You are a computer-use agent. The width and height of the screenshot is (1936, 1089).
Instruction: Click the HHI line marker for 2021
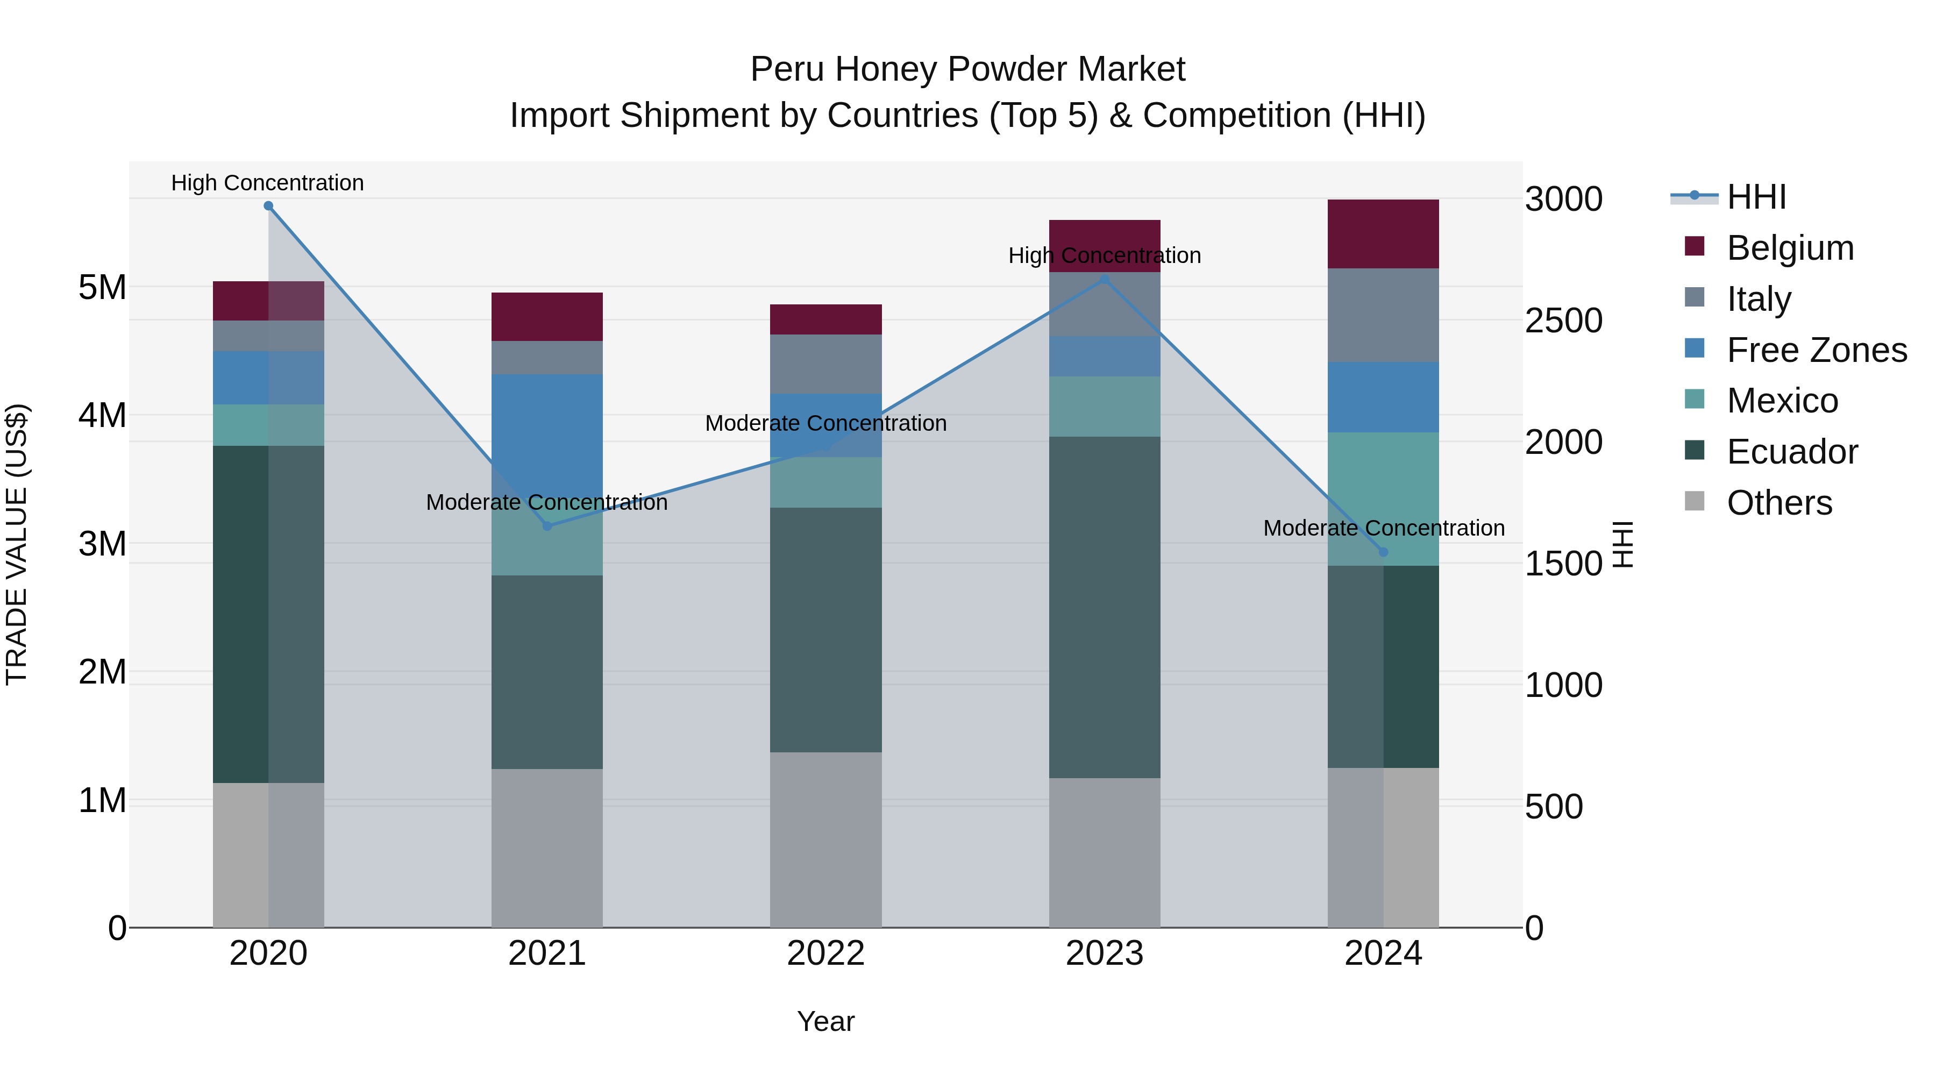[547, 526]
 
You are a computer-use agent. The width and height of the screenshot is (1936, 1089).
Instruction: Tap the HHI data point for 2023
[1105, 280]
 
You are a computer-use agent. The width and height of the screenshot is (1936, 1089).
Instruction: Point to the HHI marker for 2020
[268, 206]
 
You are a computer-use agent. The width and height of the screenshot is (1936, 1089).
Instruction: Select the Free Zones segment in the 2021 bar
[547, 421]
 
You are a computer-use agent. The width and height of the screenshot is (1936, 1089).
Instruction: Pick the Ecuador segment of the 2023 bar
[1105, 607]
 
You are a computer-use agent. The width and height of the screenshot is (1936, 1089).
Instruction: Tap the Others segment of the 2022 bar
[826, 839]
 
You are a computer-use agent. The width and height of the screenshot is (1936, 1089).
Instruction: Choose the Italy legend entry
[1759, 299]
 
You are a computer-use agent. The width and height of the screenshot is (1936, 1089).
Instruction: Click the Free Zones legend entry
[1817, 350]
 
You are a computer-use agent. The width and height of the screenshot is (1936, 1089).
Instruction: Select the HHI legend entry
[1756, 197]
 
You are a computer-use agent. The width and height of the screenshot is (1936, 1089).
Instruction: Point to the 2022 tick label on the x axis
[826, 953]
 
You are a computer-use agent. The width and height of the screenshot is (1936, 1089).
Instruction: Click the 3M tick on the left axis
[102, 543]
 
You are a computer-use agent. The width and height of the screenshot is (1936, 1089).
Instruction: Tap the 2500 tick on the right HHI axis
[1563, 321]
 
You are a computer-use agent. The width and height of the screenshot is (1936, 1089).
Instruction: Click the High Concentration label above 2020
[268, 183]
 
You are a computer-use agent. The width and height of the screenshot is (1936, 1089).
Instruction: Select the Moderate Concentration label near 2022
[826, 423]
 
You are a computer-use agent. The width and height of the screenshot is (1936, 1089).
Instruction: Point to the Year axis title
[826, 1021]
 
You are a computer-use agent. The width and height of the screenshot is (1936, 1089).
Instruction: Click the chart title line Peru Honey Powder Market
[967, 69]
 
